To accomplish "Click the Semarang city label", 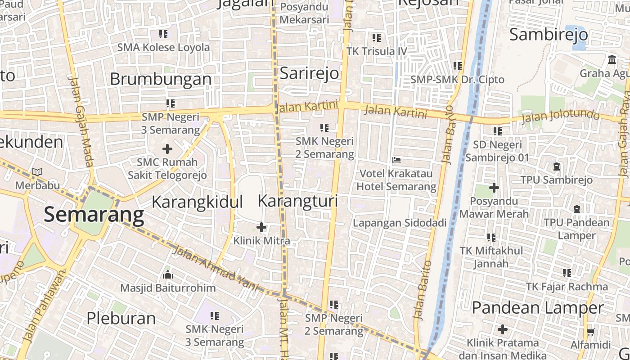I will point(94,215).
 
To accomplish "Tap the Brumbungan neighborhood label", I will point(161,79).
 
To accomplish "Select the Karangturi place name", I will point(298,201).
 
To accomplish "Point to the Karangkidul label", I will point(197,202).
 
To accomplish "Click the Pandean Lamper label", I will point(538,308).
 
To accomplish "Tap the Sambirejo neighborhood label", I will point(549,35).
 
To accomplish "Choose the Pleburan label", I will point(121,318).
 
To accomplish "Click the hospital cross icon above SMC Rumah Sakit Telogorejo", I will point(167,148).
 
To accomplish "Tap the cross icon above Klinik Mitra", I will point(261,227).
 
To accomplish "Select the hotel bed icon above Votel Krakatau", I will point(396,160).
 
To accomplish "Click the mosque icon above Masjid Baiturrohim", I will point(168,274).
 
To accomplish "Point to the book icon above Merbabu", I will point(37,172).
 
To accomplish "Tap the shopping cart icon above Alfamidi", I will point(590,332).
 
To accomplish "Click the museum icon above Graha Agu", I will point(612,59).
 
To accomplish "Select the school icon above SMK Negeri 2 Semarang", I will point(324,128).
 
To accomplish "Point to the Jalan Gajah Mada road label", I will point(81,121).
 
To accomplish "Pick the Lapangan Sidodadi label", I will point(400,223).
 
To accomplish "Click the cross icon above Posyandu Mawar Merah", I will point(494,188).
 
